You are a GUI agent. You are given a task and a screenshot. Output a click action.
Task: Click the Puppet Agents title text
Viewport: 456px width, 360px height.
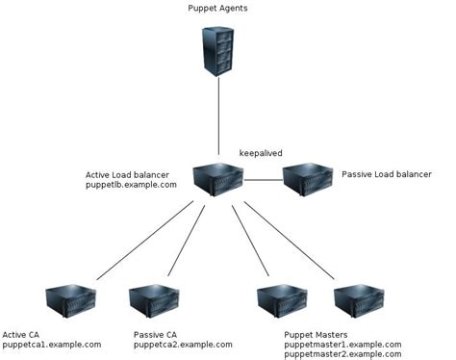(218, 8)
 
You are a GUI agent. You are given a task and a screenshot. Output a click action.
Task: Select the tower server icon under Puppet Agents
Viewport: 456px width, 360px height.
(218, 52)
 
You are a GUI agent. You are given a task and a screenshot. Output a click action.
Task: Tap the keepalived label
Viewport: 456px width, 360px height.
(261, 153)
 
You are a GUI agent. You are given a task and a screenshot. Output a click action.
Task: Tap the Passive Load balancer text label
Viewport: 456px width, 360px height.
(389, 174)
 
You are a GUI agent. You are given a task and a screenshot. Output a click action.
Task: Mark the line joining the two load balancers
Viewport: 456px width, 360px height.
(261, 180)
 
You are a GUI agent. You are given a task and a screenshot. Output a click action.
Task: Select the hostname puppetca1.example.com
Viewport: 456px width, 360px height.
(52, 344)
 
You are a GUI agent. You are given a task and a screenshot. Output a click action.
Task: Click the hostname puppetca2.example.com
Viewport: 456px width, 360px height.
(183, 344)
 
